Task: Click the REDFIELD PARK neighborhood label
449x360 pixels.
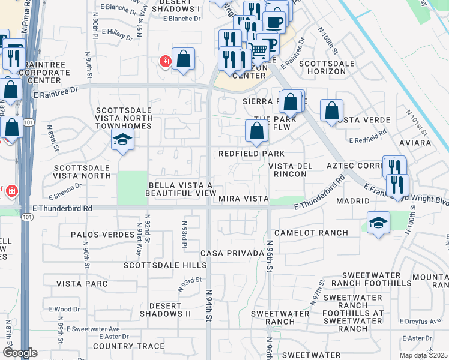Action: (x=251, y=154)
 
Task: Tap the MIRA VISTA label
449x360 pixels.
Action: (x=242, y=199)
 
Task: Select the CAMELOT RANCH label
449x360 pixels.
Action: (x=311, y=233)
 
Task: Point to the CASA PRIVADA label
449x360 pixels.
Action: (x=232, y=253)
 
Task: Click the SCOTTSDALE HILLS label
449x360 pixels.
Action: (x=157, y=265)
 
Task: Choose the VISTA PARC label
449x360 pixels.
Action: (x=81, y=283)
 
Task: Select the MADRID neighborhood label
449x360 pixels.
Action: (x=352, y=202)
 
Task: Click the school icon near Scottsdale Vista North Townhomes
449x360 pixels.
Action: (x=122, y=140)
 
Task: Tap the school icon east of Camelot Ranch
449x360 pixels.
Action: (x=378, y=223)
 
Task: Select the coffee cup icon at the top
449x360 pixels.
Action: (x=274, y=22)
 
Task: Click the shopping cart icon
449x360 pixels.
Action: (x=258, y=49)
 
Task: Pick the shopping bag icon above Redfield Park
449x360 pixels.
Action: (x=256, y=131)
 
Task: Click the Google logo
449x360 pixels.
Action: (x=20, y=353)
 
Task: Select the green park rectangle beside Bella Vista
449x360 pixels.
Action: (x=133, y=187)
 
